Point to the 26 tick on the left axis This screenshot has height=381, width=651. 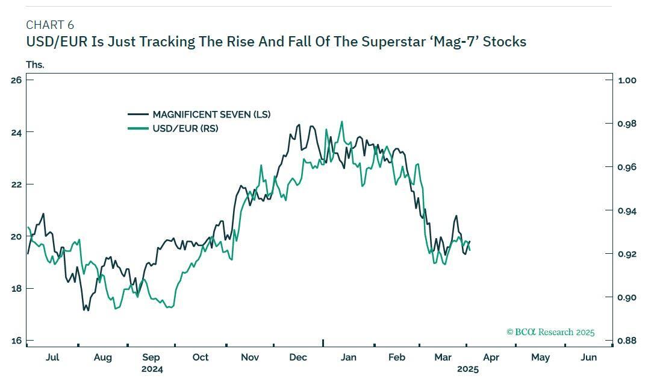click(x=16, y=80)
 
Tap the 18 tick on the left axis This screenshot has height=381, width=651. click(x=16, y=288)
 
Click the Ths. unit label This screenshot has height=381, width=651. click(x=35, y=65)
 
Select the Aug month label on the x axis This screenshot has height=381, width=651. click(x=103, y=357)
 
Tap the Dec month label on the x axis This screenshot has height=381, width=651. click(x=298, y=357)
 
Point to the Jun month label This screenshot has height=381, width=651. click(x=588, y=357)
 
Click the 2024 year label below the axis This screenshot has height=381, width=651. click(x=152, y=369)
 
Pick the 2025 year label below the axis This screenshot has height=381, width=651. click(x=467, y=369)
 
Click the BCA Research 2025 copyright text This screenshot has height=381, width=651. click(x=550, y=332)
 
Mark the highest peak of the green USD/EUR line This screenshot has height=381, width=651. click(x=342, y=121)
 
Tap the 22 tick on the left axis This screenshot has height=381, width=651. click(x=16, y=184)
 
